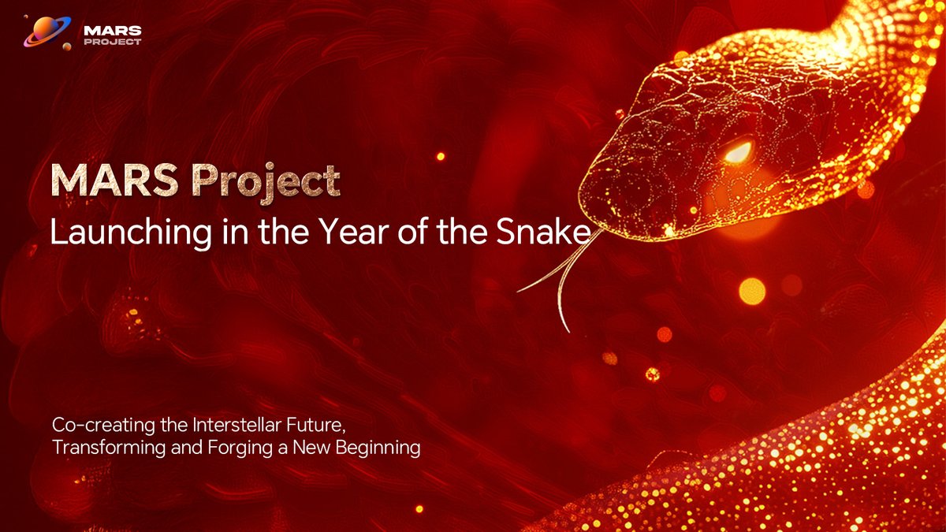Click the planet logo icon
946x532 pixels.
tap(45, 31)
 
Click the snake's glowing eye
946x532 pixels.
tap(739, 152)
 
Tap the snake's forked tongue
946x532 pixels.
tap(561, 272)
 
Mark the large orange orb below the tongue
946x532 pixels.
tap(751, 291)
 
